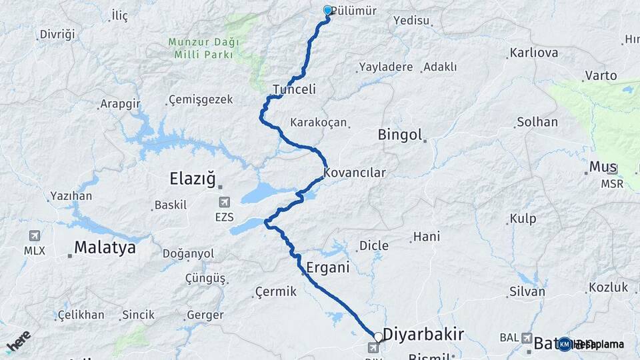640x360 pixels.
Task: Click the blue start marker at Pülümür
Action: pyautogui.click(x=327, y=11)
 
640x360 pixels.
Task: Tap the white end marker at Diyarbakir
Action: pyautogui.click(x=378, y=337)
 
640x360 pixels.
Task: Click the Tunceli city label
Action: pyautogui.click(x=294, y=89)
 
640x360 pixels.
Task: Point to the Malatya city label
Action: pyautogui.click(x=105, y=248)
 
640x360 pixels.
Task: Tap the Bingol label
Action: pyautogui.click(x=400, y=135)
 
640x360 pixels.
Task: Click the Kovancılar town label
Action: pyautogui.click(x=355, y=173)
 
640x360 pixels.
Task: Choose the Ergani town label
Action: pyautogui.click(x=328, y=269)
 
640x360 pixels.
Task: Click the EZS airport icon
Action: pyautogui.click(x=225, y=202)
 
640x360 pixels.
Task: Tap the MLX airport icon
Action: pyautogui.click(x=34, y=236)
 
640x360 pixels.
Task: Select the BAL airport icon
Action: pyautogui.click(x=527, y=338)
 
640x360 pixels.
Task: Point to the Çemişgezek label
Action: pyautogui.click(x=201, y=99)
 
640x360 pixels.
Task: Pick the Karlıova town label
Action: pyautogui.click(x=533, y=53)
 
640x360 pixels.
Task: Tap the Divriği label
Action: pyautogui.click(x=58, y=34)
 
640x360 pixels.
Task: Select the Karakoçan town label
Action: pyautogui.click(x=319, y=123)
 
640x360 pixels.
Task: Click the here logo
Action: pyautogui.click(x=18, y=342)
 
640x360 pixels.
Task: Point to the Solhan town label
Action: pyautogui.click(x=536, y=122)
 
